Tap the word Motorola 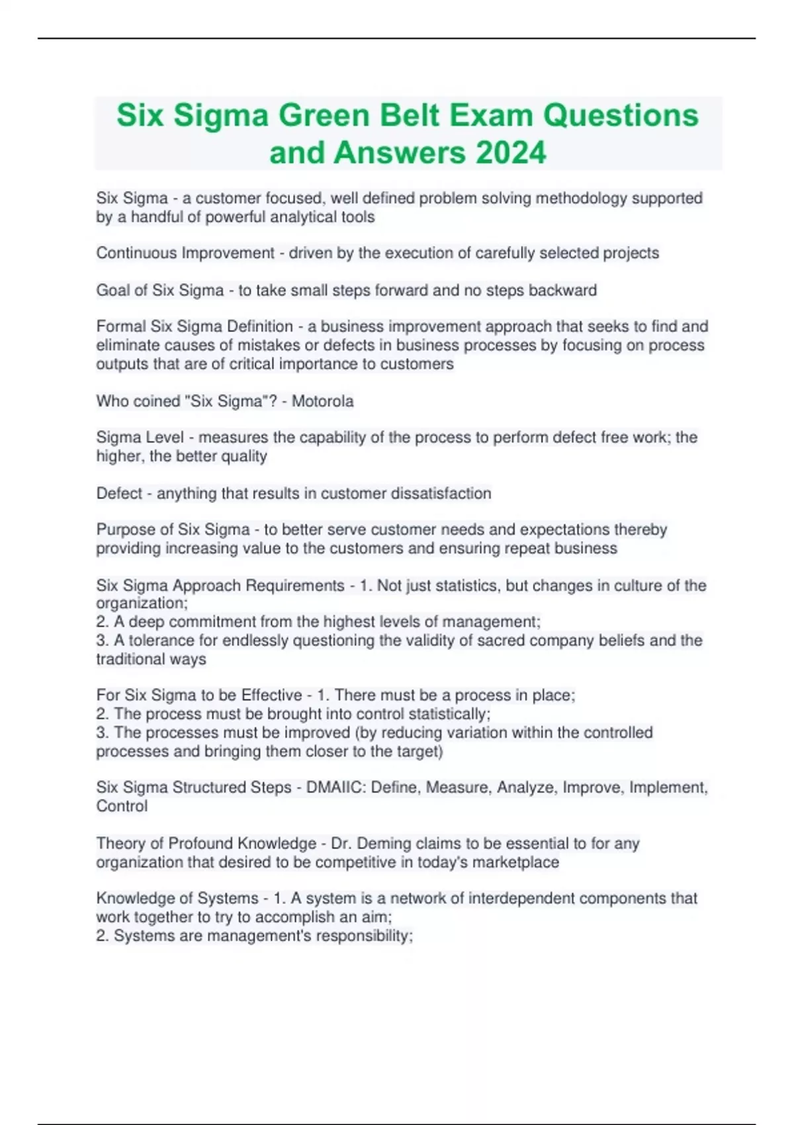pyautogui.click(x=323, y=401)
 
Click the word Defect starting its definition pyautogui.click(x=119, y=494)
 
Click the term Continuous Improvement pyautogui.click(x=185, y=253)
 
